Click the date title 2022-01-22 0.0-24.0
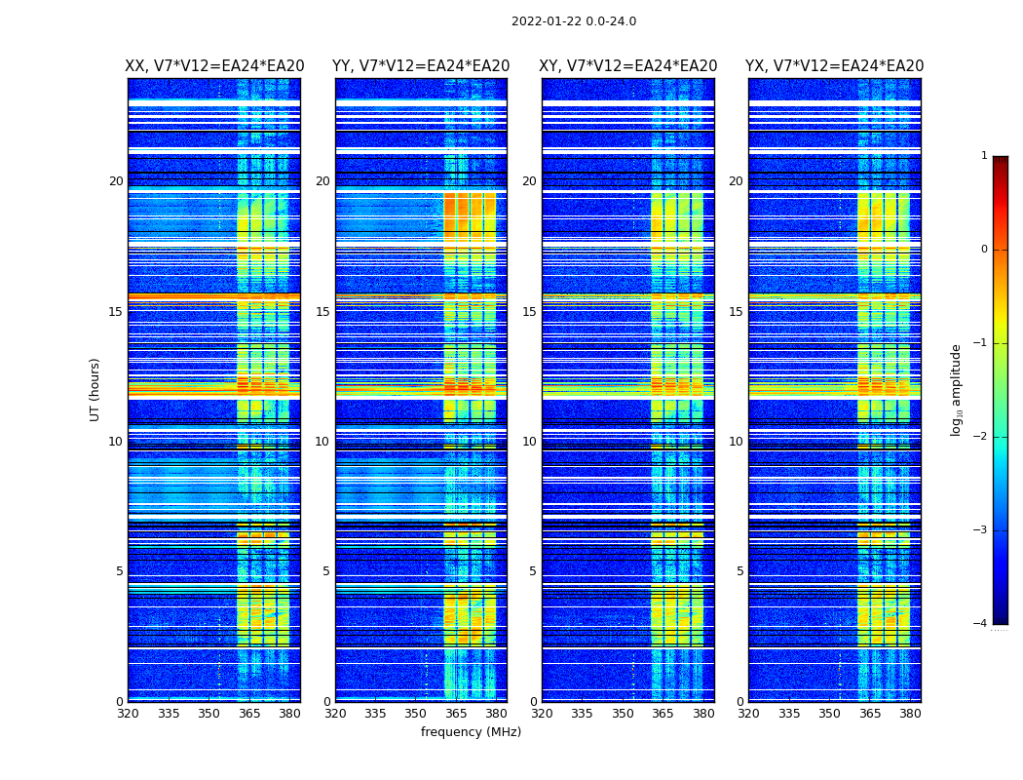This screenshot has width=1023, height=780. (574, 21)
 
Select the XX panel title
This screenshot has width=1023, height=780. (214, 66)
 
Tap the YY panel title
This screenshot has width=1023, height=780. (421, 66)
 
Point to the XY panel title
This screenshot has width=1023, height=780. (628, 66)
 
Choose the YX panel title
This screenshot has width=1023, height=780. (835, 66)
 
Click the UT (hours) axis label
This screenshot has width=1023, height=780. (95, 389)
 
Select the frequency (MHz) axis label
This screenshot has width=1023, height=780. (471, 732)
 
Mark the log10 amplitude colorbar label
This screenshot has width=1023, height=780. (957, 389)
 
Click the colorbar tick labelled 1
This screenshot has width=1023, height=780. (984, 156)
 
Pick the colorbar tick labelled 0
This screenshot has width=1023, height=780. (984, 250)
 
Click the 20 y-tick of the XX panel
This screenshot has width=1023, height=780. (116, 181)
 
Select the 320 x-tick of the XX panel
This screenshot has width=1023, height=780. (128, 714)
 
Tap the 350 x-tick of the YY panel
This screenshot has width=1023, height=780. (416, 714)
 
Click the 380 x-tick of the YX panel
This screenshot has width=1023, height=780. (910, 714)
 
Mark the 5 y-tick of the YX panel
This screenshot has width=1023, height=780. (739, 571)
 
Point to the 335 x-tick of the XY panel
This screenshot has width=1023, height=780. (582, 714)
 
